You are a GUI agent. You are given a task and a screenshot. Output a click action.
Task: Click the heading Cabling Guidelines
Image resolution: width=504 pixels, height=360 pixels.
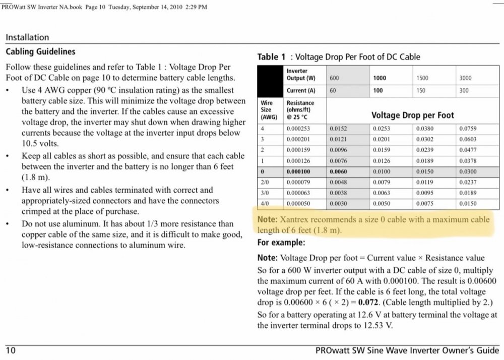pyautogui.click(x=40, y=51)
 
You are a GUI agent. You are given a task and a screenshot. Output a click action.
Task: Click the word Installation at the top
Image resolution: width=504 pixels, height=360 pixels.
pyautogui.click(x=27, y=37)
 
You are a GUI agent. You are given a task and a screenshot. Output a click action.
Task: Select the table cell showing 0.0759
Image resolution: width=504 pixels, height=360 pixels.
pyautogui.click(x=468, y=129)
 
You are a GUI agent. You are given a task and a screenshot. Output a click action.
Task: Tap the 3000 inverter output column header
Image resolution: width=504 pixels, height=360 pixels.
pyautogui.click(x=466, y=78)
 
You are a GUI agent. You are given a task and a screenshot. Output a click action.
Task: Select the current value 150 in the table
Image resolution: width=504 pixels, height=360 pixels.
pyautogui.click(x=421, y=91)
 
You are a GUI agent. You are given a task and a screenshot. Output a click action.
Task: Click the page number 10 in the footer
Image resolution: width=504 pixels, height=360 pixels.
pyautogui.click(x=10, y=350)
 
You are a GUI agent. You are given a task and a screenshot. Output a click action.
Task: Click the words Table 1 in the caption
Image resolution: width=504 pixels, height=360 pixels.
pyautogui.click(x=271, y=57)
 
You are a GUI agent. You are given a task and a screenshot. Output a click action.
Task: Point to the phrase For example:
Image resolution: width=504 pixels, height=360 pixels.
pyautogui.click(x=281, y=242)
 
